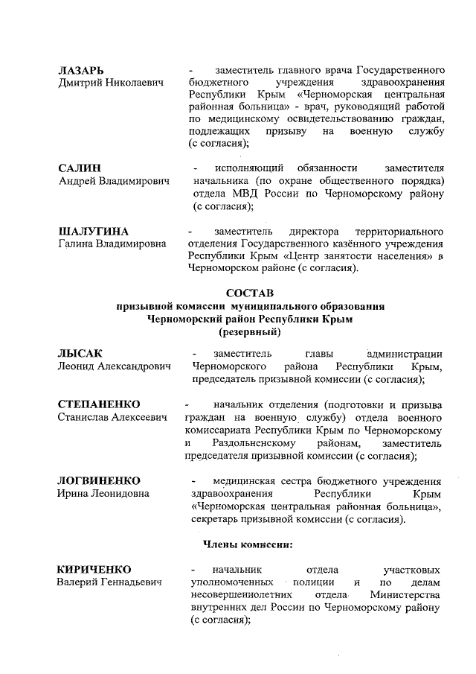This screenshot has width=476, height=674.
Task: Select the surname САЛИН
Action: point(79,168)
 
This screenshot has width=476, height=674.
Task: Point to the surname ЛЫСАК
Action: point(80,353)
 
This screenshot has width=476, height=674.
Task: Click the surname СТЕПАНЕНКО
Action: point(99,404)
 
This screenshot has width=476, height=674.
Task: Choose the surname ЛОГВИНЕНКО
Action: point(99,480)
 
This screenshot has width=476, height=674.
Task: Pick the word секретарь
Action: point(219,519)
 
